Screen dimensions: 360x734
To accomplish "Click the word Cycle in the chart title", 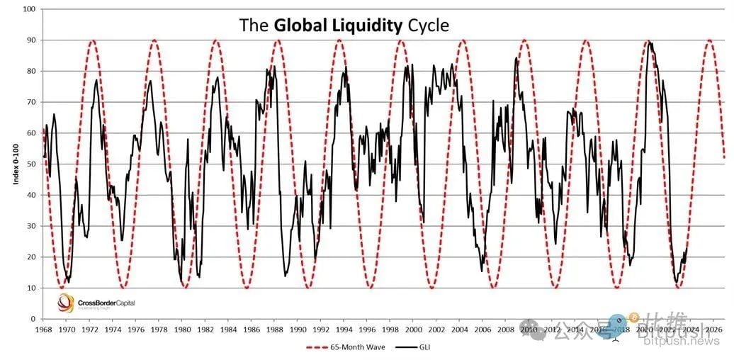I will [427, 26].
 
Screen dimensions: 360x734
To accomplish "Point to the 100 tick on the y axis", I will [29, 9].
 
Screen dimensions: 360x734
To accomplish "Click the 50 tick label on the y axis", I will [31, 164].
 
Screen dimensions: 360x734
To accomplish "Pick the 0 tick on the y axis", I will [33, 319].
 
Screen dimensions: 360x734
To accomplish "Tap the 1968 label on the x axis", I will [43, 330].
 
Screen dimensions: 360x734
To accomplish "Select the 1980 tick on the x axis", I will [182, 330].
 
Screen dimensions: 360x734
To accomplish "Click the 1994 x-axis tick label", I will [344, 330].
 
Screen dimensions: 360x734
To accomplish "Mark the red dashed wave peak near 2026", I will [709, 40].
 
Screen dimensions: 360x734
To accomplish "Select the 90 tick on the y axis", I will [31, 40].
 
